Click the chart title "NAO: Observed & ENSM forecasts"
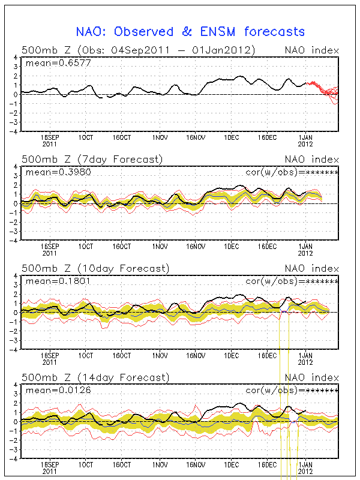pyautogui.click(x=190, y=31)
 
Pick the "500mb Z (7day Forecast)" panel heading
pyautogui.click(x=92, y=159)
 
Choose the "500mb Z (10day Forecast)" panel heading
pyautogui.click(x=95, y=268)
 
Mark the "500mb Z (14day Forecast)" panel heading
pyautogui.click(x=95, y=377)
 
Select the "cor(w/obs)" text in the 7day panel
pyautogui.click(x=273, y=172)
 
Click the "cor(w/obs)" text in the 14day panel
pyautogui.click(x=273, y=389)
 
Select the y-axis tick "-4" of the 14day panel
pyautogui.click(x=13, y=458)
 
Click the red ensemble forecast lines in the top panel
pyautogui.click(x=327, y=91)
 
